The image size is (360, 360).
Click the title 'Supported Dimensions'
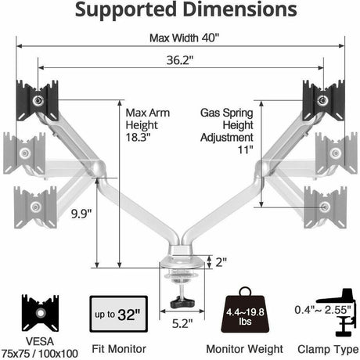[x=179, y=12]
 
